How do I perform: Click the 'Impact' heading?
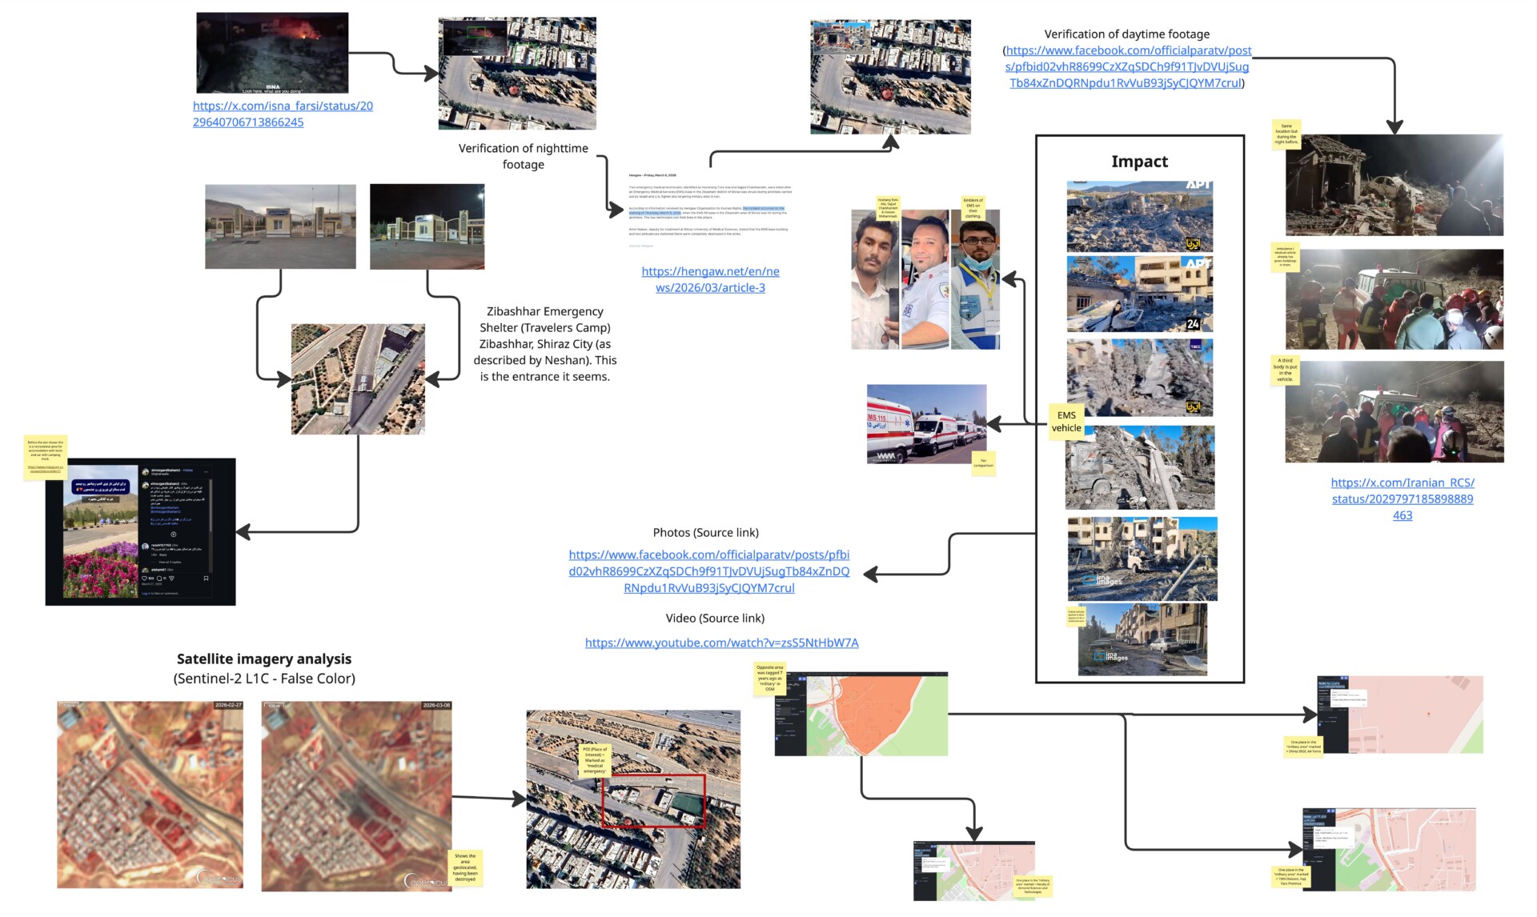tap(1139, 162)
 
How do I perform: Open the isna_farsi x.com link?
tap(282, 114)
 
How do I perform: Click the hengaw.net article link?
tap(710, 279)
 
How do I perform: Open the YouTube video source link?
tap(721, 643)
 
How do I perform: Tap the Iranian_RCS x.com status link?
tap(1402, 499)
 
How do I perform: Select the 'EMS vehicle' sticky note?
tap(1066, 422)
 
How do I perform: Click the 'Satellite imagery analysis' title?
tap(264, 659)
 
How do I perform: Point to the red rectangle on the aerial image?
tap(653, 800)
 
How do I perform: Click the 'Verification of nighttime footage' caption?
tap(524, 156)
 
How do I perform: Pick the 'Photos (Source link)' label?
tap(705, 532)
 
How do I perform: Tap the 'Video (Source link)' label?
tap(715, 618)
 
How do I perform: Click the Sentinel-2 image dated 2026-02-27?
tap(150, 795)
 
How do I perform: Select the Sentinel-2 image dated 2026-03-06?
tap(356, 796)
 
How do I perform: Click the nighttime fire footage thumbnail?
tap(272, 53)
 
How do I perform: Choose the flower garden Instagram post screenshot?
tap(140, 531)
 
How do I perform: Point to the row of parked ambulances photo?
tap(926, 424)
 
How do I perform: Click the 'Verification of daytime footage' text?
tap(1126, 34)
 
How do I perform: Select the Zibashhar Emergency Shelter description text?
tap(544, 344)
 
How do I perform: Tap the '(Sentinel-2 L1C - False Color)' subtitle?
tap(264, 679)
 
